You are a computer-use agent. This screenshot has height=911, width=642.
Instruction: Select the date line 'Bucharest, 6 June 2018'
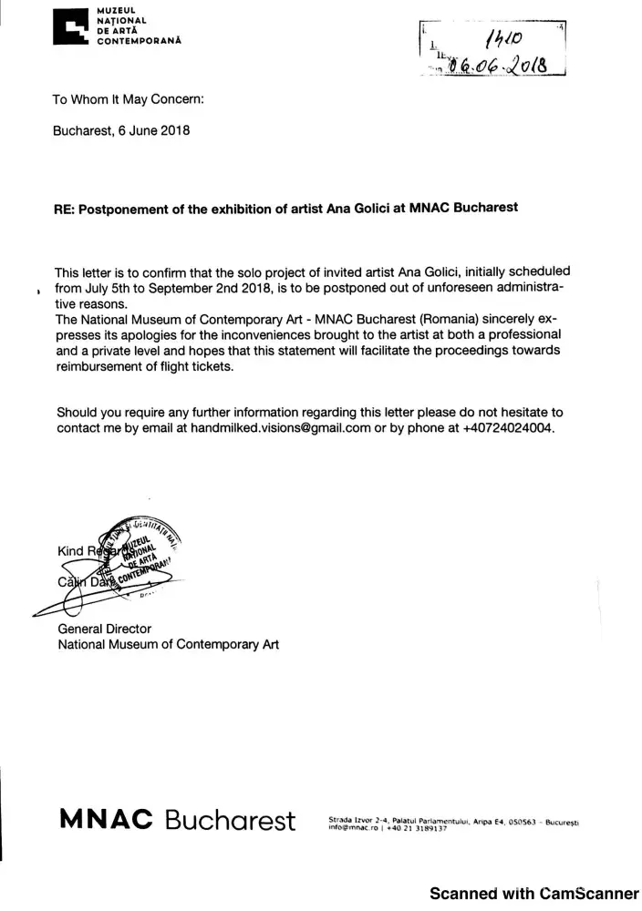coord(122,130)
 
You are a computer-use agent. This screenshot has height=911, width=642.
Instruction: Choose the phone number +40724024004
coord(508,427)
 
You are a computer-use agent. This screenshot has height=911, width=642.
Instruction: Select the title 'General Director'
coord(104,629)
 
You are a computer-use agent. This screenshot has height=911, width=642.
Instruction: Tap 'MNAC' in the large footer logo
coord(106,819)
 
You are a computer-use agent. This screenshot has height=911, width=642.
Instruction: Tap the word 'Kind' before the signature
coord(69,551)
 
